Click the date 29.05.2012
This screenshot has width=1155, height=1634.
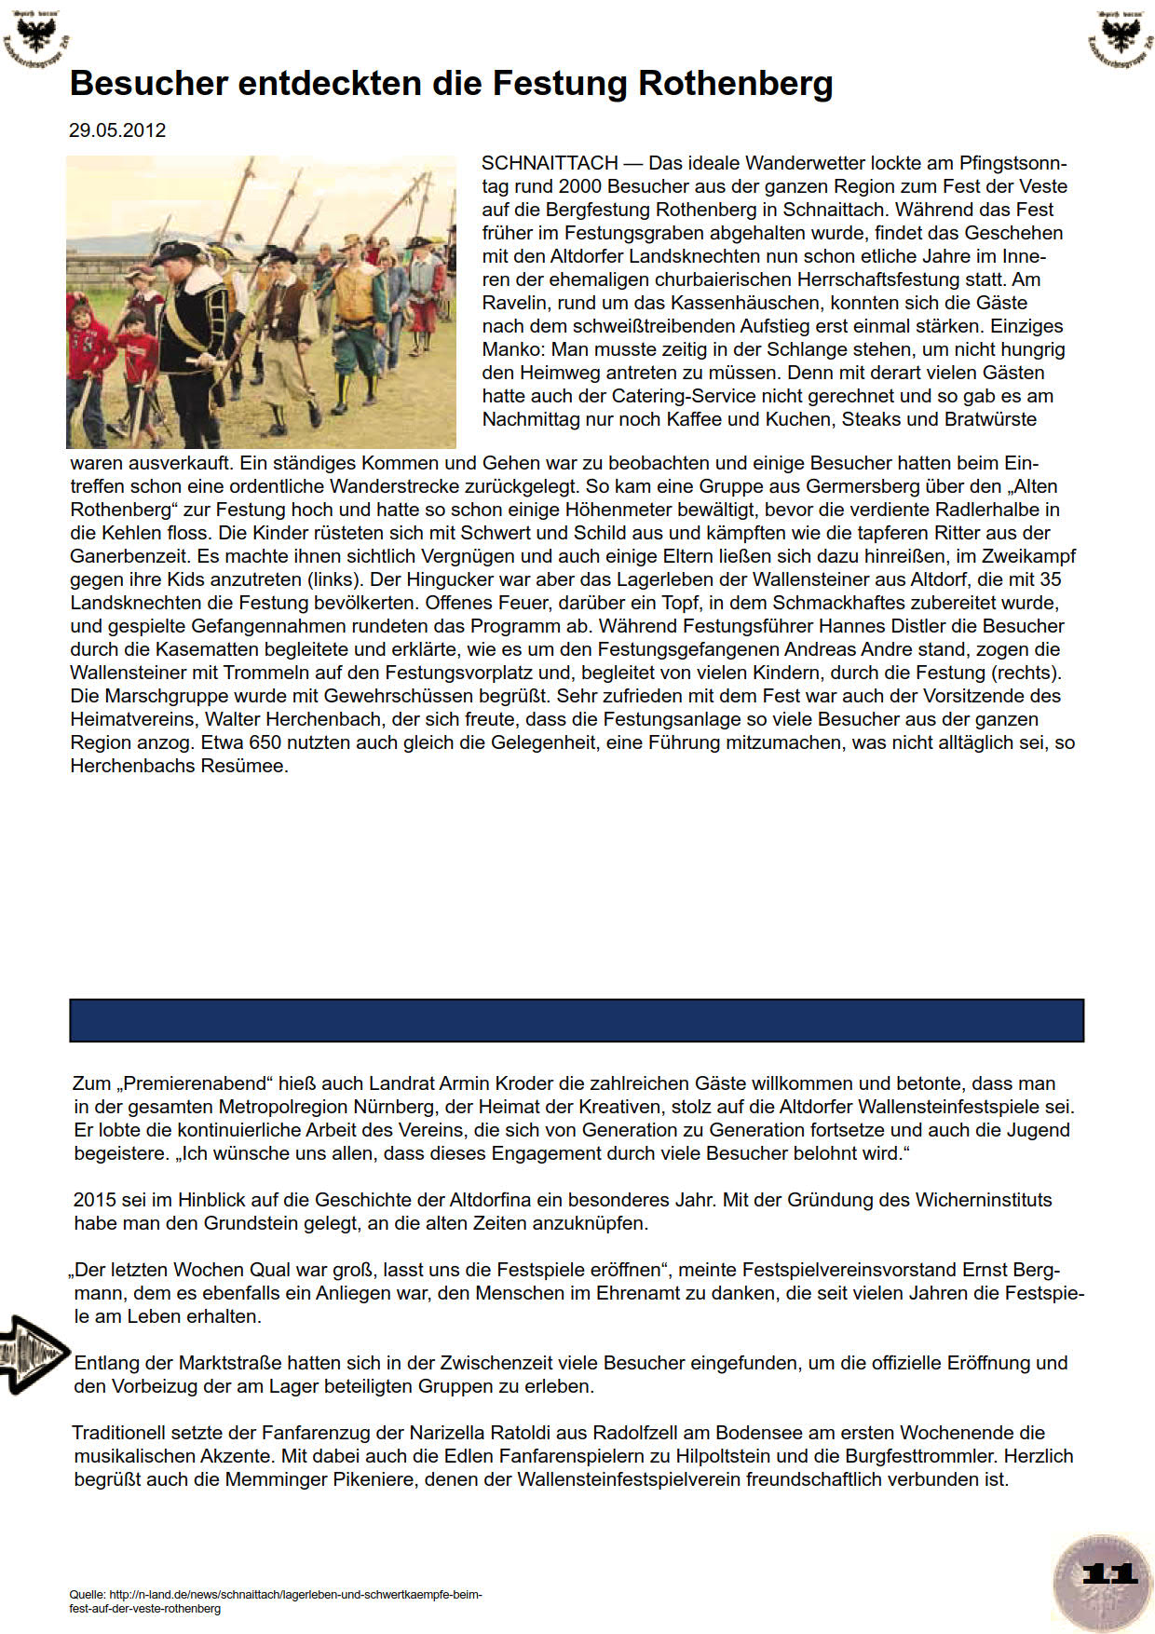[117, 130]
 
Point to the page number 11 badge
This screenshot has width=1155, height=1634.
[1108, 1574]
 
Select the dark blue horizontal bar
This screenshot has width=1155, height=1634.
[577, 1020]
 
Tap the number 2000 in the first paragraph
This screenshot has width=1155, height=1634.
[579, 187]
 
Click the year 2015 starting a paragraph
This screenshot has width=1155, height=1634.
[96, 1200]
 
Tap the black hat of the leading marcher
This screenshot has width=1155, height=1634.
[177, 252]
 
